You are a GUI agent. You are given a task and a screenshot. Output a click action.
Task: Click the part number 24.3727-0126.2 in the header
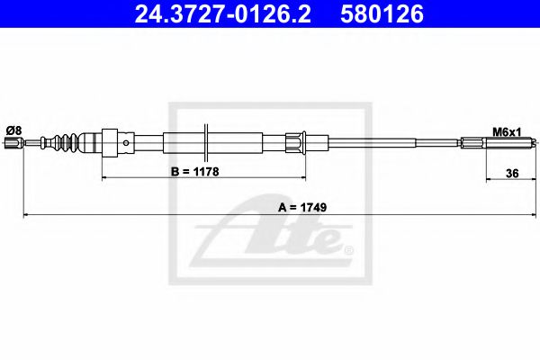coord(222,13)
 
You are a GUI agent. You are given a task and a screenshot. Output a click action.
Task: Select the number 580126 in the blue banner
coord(382,13)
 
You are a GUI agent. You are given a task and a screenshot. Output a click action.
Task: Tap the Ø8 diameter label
coord(13,130)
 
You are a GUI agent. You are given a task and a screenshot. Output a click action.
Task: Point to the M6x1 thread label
coord(507,132)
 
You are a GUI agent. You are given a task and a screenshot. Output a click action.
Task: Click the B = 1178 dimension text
coord(195,172)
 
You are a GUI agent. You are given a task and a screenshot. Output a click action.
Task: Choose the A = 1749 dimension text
coord(302,207)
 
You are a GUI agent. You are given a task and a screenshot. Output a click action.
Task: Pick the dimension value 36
coord(512,174)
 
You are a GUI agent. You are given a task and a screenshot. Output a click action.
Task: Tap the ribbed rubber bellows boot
coord(60,142)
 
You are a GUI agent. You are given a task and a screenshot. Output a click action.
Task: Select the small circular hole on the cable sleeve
coord(126,143)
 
